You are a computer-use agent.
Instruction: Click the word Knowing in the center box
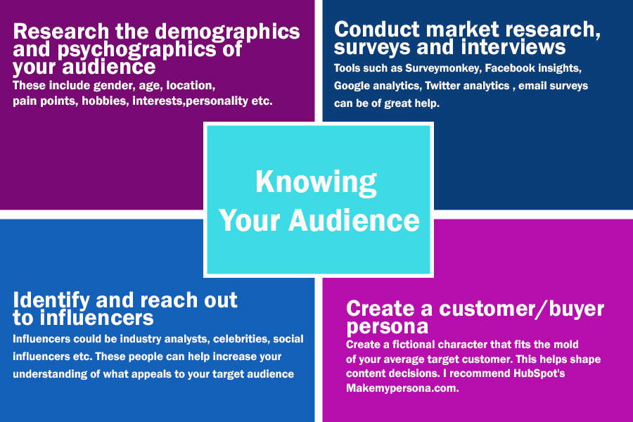(x=316, y=183)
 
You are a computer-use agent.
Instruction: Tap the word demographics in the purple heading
(x=227, y=32)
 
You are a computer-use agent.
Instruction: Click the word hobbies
(x=105, y=101)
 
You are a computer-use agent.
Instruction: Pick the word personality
(x=217, y=101)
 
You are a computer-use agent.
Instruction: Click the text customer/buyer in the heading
(x=522, y=309)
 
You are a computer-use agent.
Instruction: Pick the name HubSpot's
(x=539, y=373)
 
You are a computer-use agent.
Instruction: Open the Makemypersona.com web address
(x=402, y=388)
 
